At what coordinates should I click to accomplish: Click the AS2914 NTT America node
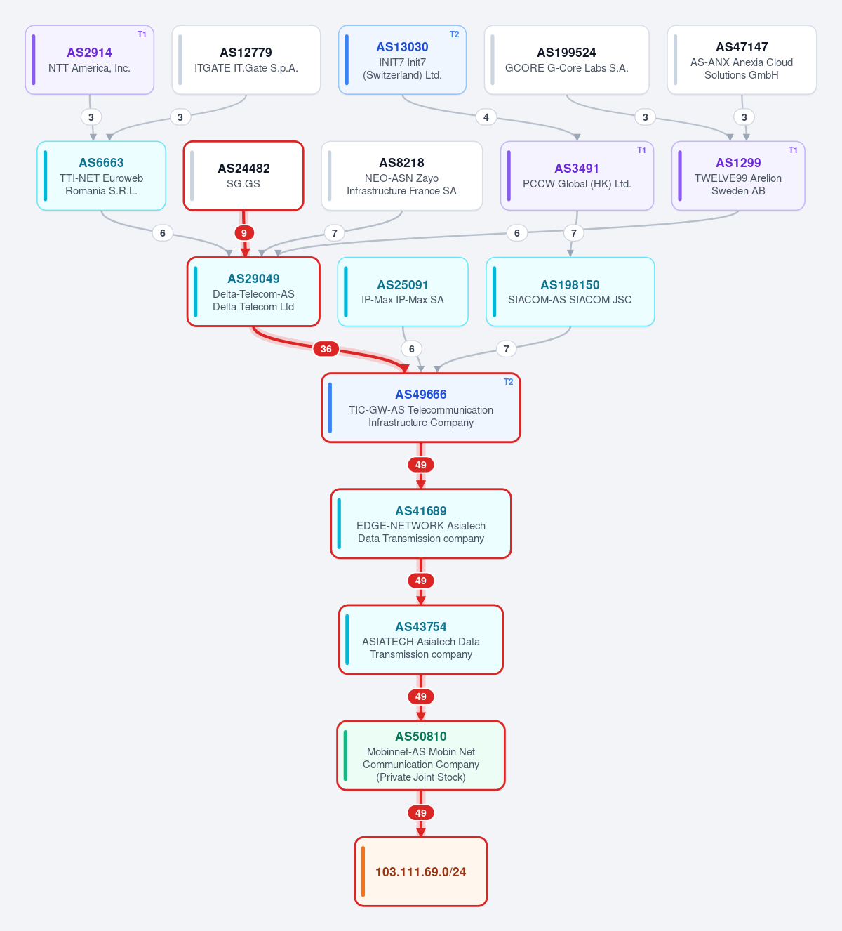click(x=90, y=60)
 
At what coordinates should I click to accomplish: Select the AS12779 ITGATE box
click(x=246, y=60)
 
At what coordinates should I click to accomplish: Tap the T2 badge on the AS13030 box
click(x=454, y=34)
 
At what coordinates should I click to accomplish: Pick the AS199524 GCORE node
click(x=566, y=60)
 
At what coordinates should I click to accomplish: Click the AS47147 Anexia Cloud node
click(x=742, y=60)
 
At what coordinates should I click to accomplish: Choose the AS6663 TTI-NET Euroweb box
click(x=101, y=176)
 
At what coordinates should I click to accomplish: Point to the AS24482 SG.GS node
click(x=243, y=176)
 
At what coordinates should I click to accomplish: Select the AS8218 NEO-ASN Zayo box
click(x=402, y=176)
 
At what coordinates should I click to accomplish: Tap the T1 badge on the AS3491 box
click(x=641, y=150)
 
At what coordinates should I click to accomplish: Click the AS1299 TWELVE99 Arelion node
click(x=738, y=176)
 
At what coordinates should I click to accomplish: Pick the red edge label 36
click(x=326, y=349)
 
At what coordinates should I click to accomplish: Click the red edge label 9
click(x=244, y=233)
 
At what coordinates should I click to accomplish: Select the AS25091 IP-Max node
click(x=403, y=292)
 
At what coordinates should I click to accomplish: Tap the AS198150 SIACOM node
click(x=570, y=292)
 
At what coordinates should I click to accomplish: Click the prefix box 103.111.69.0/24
click(x=421, y=871)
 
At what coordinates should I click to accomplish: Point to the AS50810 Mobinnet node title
click(x=421, y=737)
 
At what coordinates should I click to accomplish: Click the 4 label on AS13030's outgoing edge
click(x=486, y=117)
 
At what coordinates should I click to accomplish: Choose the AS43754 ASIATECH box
click(x=421, y=640)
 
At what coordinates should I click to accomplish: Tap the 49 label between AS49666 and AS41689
click(x=421, y=465)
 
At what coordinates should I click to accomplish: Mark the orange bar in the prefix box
click(x=363, y=871)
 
